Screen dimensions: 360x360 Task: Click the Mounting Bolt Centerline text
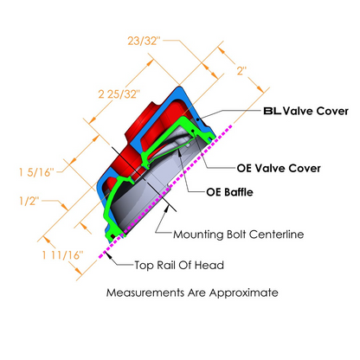[236, 234]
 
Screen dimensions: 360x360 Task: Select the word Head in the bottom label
[214, 267]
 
